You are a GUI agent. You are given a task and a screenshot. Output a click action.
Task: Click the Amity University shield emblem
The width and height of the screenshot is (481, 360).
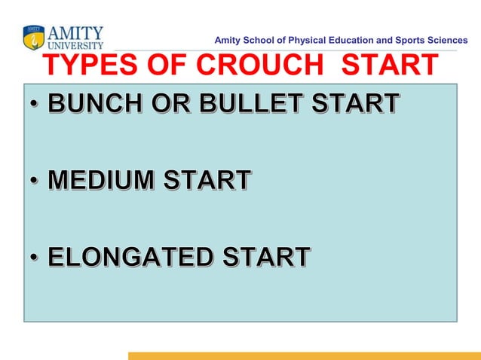33,37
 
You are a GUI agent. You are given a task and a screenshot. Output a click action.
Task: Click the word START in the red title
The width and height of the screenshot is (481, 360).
389,66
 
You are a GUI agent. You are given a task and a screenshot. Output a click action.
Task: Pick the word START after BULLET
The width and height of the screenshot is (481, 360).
351,104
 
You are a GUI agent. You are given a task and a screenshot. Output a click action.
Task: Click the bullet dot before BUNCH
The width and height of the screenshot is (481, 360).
35,106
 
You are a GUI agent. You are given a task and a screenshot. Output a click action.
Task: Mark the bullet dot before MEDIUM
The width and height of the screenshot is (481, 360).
35,183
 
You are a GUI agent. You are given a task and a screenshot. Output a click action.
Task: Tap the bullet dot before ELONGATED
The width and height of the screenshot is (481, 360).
35,259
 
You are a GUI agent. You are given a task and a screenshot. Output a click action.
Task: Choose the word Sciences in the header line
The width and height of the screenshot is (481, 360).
446,39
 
